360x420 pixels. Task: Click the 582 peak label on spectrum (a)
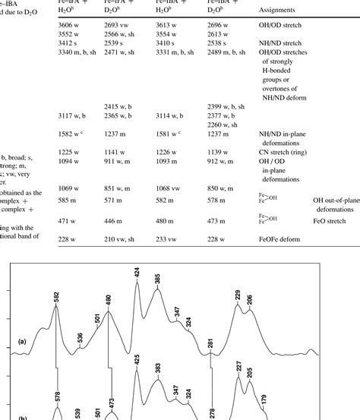tap(57, 298)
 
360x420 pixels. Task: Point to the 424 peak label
tap(137, 272)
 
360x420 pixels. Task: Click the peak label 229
tap(238, 296)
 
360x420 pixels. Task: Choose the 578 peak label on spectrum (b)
tap(57, 396)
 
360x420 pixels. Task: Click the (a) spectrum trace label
tap(24, 342)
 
